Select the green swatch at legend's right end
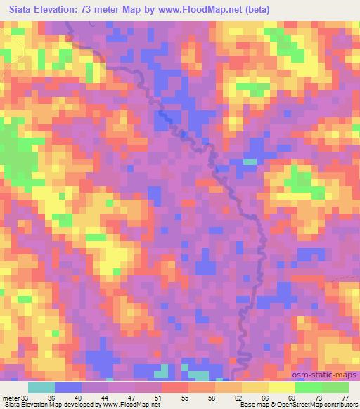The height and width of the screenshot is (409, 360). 335,387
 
